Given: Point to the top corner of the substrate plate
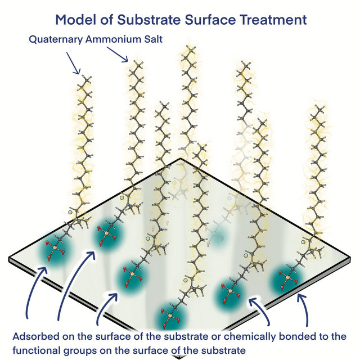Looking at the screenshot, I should click(179, 159).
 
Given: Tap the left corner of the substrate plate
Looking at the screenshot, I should click(10, 260).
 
